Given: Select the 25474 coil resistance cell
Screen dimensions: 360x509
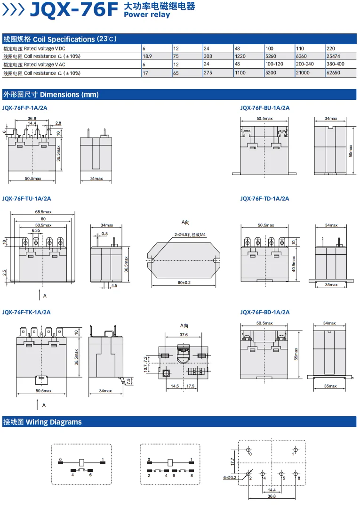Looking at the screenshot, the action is (333, 56).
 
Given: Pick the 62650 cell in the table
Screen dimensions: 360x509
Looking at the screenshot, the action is (333, 73).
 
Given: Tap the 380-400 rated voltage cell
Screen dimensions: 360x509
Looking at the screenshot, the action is (336, 64).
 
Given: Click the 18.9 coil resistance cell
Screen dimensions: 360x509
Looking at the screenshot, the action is (147, 56).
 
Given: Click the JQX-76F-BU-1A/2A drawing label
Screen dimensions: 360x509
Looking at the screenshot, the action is (265, 108).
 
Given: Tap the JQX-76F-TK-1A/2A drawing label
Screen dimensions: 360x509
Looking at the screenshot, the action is (27, 312).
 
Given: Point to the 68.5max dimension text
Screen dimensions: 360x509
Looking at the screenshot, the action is (43, 212).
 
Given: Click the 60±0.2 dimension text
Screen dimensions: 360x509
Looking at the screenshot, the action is (184, 283).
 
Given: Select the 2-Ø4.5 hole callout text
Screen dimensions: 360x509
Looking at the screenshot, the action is (190, 234).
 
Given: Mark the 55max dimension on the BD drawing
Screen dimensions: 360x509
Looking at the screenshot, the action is (296, 354).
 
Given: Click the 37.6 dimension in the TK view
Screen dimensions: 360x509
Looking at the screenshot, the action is (184, 335).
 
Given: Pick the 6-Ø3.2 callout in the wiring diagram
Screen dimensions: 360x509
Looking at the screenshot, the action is (230, 477).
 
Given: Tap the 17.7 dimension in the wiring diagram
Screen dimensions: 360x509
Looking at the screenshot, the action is (232, 461).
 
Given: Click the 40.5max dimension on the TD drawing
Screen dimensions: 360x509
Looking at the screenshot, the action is (294, 264).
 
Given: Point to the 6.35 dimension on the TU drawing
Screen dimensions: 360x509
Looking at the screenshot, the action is (36, 230).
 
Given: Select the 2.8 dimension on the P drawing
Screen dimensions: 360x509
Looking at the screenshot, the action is (58, 123).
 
